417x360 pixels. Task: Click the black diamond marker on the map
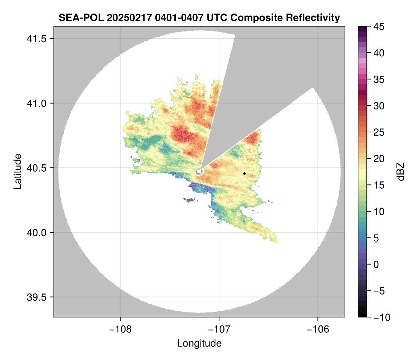coord(245,173)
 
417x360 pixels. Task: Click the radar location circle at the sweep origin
coord(199,171)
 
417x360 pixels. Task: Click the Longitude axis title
coord(199,343)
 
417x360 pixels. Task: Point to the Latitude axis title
coord(17,171)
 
